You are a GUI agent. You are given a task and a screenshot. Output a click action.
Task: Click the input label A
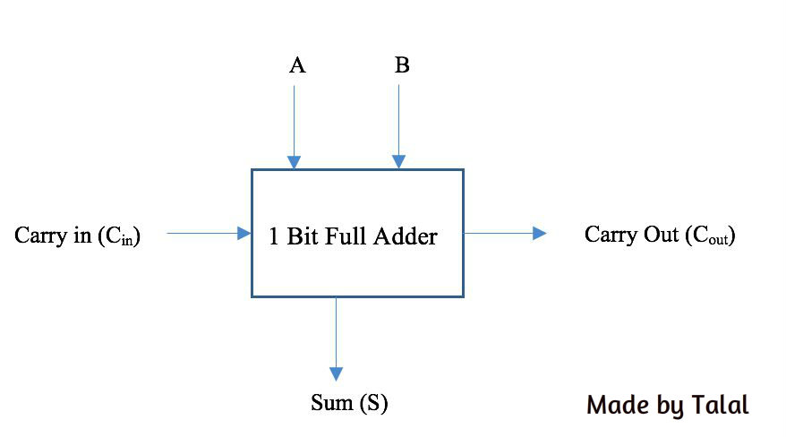(x=297, y=66)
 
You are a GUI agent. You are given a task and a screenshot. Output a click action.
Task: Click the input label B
(x=402, y=66)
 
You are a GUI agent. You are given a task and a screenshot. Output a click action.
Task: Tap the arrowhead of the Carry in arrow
(x=243, y=234)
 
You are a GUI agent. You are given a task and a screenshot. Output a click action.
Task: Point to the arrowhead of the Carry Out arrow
(x=539, y=234)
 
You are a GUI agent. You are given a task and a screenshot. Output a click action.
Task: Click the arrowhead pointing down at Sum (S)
(x=337, y=373)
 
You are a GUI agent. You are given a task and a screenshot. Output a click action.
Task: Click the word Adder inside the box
(x=406, y=237)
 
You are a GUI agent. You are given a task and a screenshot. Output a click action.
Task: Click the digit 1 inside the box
(x=274, y=237)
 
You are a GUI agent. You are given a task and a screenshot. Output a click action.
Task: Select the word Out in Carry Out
(x=662, y=235)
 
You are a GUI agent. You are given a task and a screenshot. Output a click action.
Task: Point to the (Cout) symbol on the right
(x=709, y=236)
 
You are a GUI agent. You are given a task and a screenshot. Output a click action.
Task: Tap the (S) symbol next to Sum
(x=373, y=404)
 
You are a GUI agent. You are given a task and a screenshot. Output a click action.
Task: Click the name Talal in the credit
(x=720, y=405)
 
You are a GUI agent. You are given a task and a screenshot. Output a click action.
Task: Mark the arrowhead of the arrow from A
(x=293, y=162)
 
